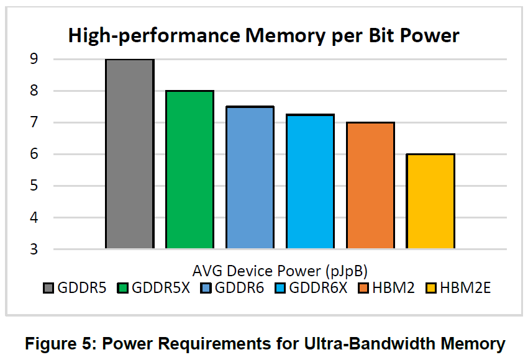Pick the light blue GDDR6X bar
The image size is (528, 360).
coord(310,181)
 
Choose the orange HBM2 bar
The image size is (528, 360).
coord(370,186)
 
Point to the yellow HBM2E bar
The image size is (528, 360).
coord(430,201)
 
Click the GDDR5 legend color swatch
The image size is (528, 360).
coord(49,288)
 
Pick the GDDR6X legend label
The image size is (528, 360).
coord(318,288)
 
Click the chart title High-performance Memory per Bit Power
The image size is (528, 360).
coord(264,35)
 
